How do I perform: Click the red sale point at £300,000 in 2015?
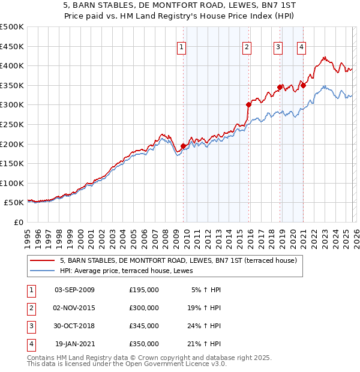point(248,104)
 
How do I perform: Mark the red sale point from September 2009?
point(183,146)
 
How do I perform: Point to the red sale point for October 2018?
point(280,87)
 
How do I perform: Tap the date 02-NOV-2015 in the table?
point(74,308)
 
